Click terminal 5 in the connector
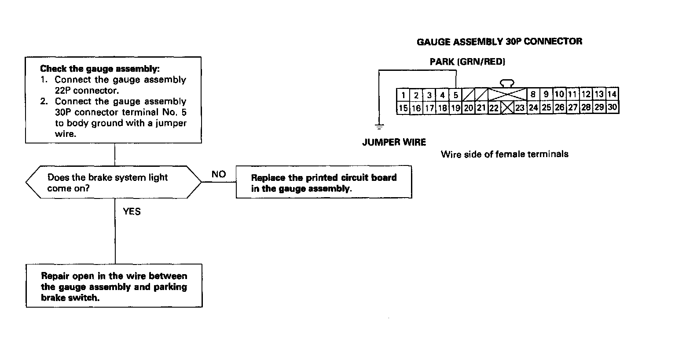456,95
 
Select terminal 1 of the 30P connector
404,95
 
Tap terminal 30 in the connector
612,107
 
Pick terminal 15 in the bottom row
403,108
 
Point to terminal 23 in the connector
520,108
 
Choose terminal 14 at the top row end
612,94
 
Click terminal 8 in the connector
533,94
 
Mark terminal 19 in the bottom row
455,108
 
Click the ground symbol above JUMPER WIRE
379,127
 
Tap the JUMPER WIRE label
394,142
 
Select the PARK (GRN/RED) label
467,62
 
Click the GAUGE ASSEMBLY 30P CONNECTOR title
499,42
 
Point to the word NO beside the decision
219,174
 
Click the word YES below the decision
132,212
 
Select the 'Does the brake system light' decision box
114,182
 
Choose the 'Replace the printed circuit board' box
324,182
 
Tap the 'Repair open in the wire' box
114,286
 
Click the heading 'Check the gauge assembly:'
100,69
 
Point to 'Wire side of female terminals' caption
504,154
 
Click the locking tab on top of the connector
507,83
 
